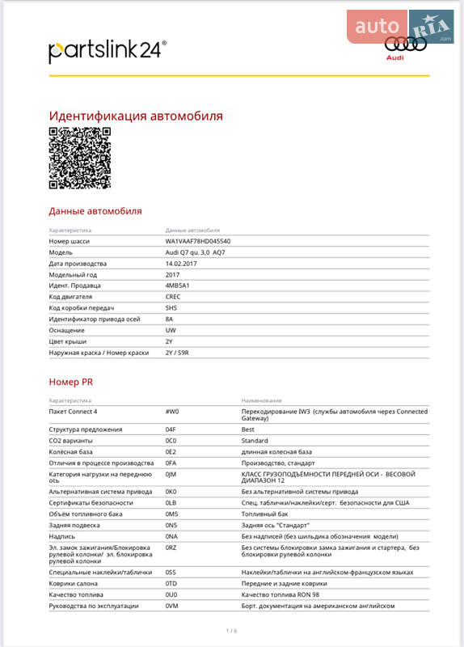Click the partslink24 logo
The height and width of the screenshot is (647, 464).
tap(108, 50)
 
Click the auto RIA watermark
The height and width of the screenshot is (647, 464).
tap(401, 27)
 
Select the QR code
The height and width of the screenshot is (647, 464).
tap(80, 158)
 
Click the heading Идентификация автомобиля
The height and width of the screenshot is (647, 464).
tap(136, 116)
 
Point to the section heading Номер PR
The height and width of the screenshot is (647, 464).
tap(71, 381)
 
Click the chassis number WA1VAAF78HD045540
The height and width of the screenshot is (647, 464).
tap(198, 242)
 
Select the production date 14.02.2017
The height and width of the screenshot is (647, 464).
tap(182, 264)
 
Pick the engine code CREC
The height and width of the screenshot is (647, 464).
tap(173, 297)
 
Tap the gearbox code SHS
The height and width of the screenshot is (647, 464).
tap(171, 308)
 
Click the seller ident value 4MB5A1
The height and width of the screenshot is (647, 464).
tap(177, 285)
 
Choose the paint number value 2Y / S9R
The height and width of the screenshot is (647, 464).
tap(178, 352)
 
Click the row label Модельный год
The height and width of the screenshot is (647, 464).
tap(75, 275)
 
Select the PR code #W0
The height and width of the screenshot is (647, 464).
tap(171, 412)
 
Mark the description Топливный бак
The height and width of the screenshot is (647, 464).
tap(265, 514)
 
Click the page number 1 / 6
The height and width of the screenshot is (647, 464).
tap(232, 630)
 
